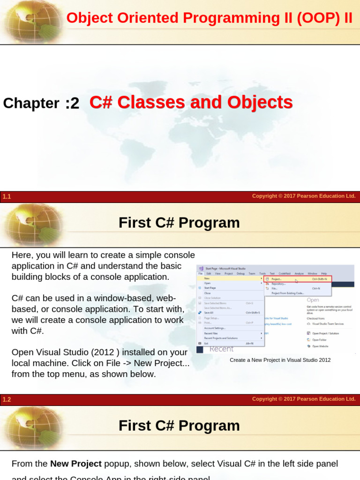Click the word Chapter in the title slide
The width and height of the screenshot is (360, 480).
pyautogui.click(x=31, y=103)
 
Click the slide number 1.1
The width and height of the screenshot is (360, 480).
pyautogui.click(x=7, y=197)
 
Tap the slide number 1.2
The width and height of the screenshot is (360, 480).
pyautogui.click(x=7, y=400)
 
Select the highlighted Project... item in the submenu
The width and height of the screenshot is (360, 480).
pyautogui.click(x=277, y=279)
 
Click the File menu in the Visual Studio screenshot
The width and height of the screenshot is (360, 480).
pyautogui.click(x=200, y=273)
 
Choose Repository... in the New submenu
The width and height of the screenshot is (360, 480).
pyautogui.click(x=278, y=284)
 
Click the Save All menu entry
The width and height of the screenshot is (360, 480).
pyautogui.click(x=209, y=313)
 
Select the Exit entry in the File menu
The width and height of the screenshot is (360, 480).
pyautogui.click(x=206, y=343)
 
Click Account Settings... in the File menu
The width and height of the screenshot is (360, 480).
pyautogui.click(x=215, y=328)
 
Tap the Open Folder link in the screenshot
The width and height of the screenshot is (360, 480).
pyautogui.click(x=320, y=340)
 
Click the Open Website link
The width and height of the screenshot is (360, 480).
pyautogui.click(x=321, y=346)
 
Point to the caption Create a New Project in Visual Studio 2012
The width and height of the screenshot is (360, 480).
pyautogui.click(x=280, y=360)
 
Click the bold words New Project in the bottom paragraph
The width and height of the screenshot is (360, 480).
pyautogui.click(x=75, y=464)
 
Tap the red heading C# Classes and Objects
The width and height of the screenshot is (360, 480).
pyautogui.click(x=191, y=102)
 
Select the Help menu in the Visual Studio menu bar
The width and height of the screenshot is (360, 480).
pyautogui.click(x=324, y=273)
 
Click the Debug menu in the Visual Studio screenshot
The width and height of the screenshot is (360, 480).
pyautogui.click(x=240, y=273)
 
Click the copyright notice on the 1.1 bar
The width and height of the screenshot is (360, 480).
pyautogui.click(x=304, y=196)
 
